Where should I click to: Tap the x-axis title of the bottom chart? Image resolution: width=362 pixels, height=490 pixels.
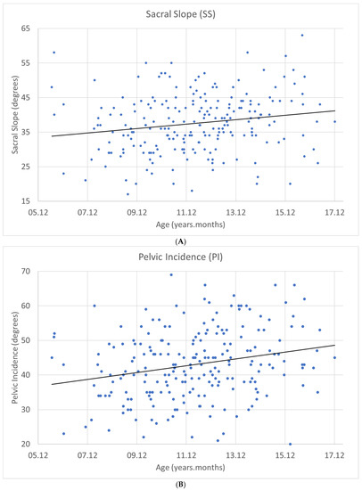(185, 471)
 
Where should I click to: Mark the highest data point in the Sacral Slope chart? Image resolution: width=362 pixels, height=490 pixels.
(302, 36)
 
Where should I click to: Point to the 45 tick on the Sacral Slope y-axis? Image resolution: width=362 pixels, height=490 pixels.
(30, 97)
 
